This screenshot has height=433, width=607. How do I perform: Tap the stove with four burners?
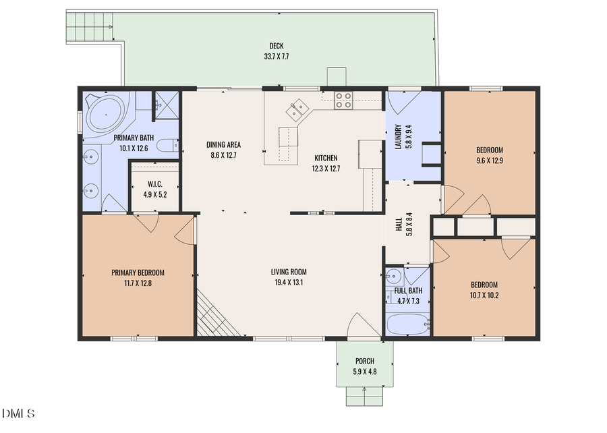343,100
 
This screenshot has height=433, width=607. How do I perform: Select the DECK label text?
276,47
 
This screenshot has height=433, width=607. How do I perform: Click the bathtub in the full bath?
407,324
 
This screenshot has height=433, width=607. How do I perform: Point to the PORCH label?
364,362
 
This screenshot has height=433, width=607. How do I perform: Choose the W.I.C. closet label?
154,184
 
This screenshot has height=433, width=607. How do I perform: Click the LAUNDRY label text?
398,137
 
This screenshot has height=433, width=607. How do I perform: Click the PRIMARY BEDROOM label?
138,273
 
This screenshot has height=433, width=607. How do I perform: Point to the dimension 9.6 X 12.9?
490,161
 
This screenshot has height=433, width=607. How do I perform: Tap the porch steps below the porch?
364,397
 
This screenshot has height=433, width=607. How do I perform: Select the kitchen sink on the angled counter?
298,108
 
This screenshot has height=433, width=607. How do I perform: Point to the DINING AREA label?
223,144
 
